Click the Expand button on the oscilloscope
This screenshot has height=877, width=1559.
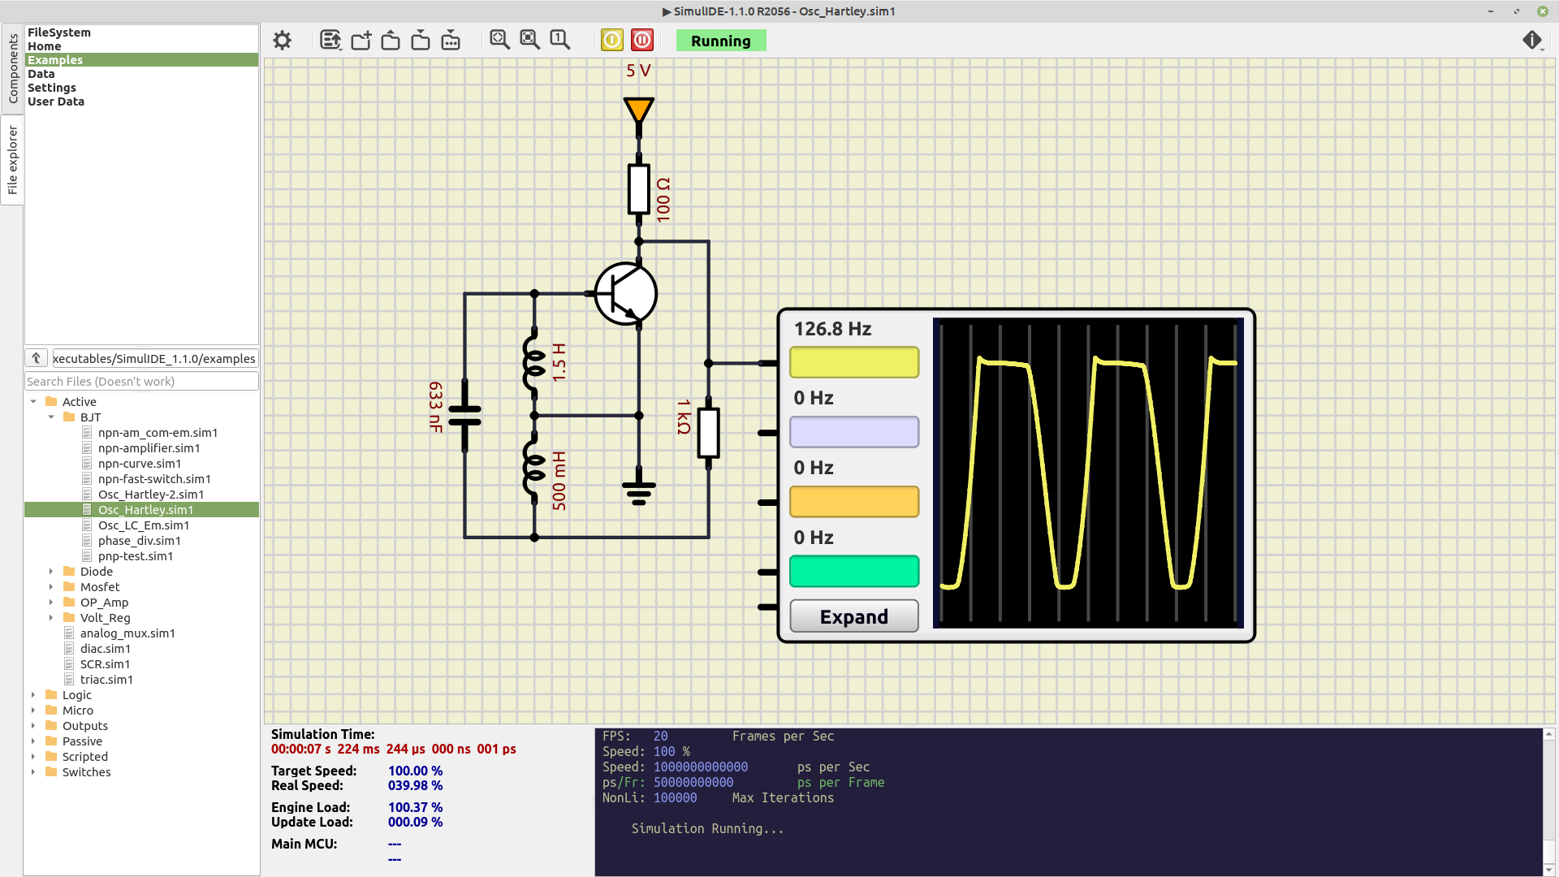tap(854, 616)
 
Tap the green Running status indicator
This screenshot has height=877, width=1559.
tap(721, 41)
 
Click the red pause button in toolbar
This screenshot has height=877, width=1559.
tap(642, 40)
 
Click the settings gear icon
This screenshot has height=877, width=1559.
tap(282, 40)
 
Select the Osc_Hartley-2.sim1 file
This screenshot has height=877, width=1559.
tap(151, 495)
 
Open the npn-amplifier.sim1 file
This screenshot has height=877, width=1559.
tap(149, 448)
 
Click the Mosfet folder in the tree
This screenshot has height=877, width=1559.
tap(100, 587)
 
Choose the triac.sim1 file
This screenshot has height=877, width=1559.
tap(106, 680)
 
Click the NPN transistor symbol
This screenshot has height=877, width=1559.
tap(625, 293)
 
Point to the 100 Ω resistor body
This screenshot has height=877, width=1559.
tap(639, 189)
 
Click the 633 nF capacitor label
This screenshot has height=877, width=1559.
tap(436, 407)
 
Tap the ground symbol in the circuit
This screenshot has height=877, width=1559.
tap(639, 490)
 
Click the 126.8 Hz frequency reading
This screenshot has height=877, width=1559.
tap(832, 329)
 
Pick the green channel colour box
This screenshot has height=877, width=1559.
tap(854, 571)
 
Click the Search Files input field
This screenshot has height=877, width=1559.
tap(141, 382)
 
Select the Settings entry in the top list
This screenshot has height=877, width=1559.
tap(52, 88)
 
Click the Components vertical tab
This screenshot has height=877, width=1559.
tap(13, 69)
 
